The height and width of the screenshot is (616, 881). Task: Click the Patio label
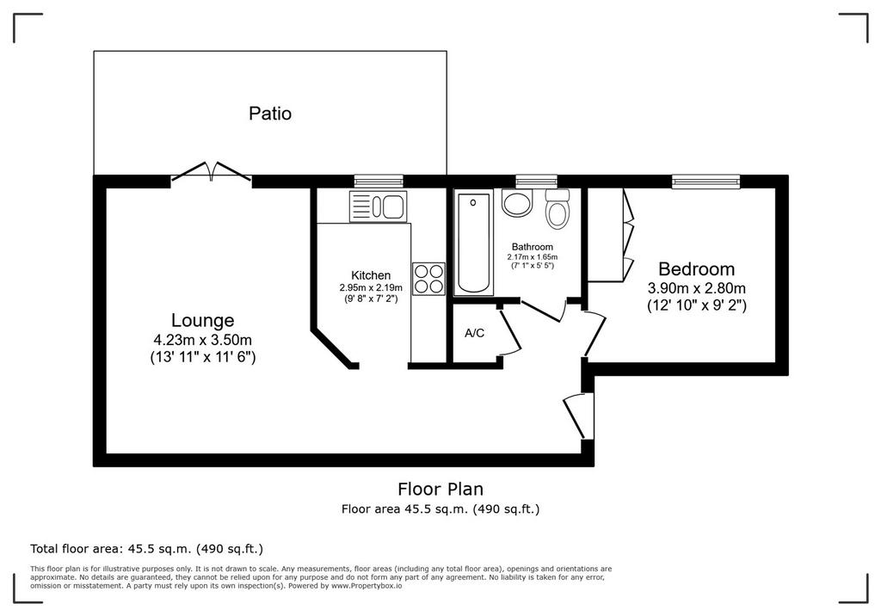[x=269, y=114]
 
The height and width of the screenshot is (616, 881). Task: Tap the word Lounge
[x=202, y=321]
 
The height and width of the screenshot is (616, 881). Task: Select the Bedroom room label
[x=696, y=268]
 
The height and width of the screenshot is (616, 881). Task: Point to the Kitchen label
[x=371, y=275]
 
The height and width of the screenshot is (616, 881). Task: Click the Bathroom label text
[x=532, y=247]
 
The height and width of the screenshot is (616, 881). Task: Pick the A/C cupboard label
[x=474, y=333]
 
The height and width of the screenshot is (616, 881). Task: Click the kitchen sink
[x=379, y=206]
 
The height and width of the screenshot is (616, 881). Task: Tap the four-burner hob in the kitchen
[x=428, y=279]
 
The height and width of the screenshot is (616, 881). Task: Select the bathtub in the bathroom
[x=473, y=243]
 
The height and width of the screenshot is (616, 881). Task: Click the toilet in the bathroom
[x=558, y=208]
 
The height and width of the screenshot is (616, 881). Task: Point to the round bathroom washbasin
[x=517, y=203]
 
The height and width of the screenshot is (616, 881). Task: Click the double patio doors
[x=212, y=171]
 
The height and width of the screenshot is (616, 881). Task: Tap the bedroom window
[x=705, y=181]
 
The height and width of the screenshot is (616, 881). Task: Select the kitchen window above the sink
[x=379, y=181]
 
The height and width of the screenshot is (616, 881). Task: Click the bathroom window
[x=537, y=181]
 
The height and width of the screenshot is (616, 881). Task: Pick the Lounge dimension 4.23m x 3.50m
[x=202, y=340]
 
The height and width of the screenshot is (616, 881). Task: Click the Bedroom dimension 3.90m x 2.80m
[x=697, y=289]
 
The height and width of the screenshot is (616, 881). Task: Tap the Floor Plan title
[x=440, y=489]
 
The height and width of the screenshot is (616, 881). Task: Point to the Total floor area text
[x=146, y=549]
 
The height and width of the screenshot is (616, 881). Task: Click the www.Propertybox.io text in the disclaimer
[x=367, y=586]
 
